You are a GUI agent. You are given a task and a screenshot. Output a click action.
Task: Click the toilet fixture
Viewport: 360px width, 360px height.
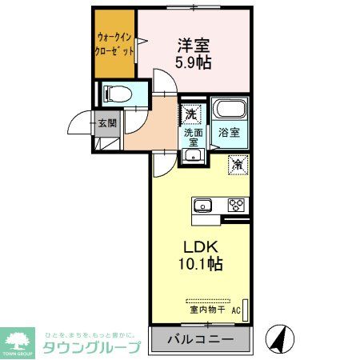click(114, 94)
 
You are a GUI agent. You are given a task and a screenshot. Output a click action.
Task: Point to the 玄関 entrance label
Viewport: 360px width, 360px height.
click(106, 123)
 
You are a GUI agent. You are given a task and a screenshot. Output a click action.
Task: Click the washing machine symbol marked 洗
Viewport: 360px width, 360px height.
click(191, 114)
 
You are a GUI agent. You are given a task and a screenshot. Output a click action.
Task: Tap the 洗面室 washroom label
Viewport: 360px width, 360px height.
click(193, 137)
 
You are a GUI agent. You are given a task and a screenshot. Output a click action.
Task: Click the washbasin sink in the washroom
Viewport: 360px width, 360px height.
click(192, 154)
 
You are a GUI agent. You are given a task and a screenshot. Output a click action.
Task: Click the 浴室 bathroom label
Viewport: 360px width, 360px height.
click(229, 134)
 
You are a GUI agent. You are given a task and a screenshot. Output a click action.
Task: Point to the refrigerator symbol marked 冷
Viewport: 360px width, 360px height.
click(239, 164)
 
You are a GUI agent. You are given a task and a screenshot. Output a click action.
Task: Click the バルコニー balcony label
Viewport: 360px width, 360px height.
click(200, 339)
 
